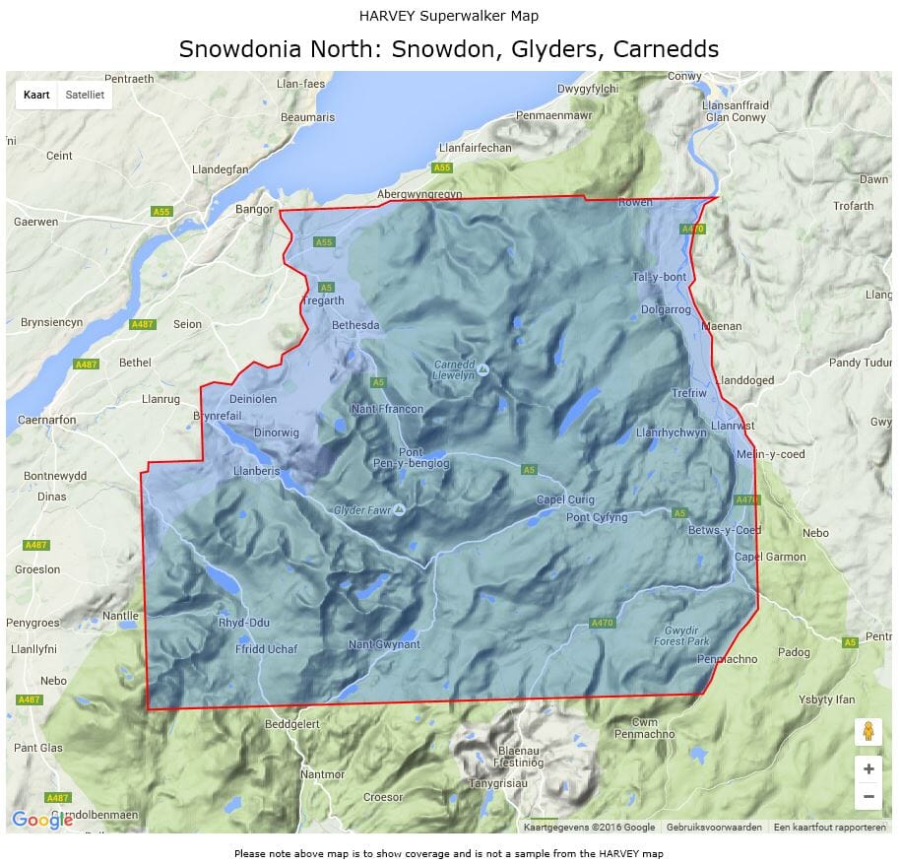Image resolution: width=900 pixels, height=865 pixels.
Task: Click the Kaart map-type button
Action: click(x=35, y=96)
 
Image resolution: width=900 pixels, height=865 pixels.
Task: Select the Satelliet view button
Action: click(x=84, y=96)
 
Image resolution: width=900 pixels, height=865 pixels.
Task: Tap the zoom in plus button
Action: click(x=868, y=769)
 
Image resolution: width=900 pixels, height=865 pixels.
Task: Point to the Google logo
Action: click(x=41, y=819)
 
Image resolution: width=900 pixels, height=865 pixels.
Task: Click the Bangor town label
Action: click(x=253, y=209)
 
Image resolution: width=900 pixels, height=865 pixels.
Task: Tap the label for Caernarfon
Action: click(x=47, y=420)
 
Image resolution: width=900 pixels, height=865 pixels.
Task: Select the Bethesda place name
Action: click(x=355, y=325)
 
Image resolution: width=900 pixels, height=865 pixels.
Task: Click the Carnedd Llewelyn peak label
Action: click(x=455, y=369)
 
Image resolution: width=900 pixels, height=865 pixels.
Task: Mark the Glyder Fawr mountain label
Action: click(x=362, y=510)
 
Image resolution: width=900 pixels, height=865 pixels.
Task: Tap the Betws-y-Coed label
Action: click(x=725, y=530)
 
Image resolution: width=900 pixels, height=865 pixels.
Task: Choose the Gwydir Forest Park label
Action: click(x=681, y=635)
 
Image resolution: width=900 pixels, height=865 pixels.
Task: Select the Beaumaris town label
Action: click(x=308, y=117)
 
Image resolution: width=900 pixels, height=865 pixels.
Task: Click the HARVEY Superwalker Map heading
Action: click(x=449, y=16)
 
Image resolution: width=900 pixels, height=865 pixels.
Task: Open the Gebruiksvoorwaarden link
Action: click(x=714, y=828)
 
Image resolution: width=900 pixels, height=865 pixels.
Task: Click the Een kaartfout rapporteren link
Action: click(x=829, y=828)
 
